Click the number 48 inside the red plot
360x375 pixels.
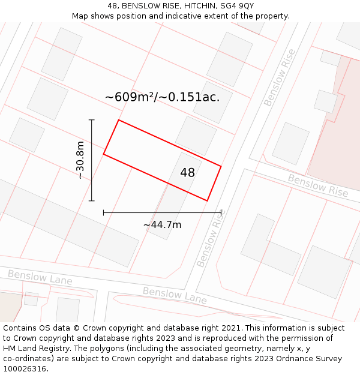[x=187, y=173]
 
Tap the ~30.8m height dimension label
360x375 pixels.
[x=80, y=160]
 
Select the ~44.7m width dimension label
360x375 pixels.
[x=162, y=224]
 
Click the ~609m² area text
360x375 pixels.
[x=130, y=97]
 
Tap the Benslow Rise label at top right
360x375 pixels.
[x=279, y=77]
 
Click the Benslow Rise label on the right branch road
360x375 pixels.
[x=317, y=185]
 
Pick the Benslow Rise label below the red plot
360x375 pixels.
[x=209, y=242]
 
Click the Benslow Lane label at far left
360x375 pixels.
[x=40, y=278]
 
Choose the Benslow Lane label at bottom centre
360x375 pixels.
[x=175, y=295]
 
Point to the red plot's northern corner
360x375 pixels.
[x=118, y=120]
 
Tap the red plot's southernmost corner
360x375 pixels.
[x=207, y=200]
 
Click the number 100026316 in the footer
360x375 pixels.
[x=25, y=368]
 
